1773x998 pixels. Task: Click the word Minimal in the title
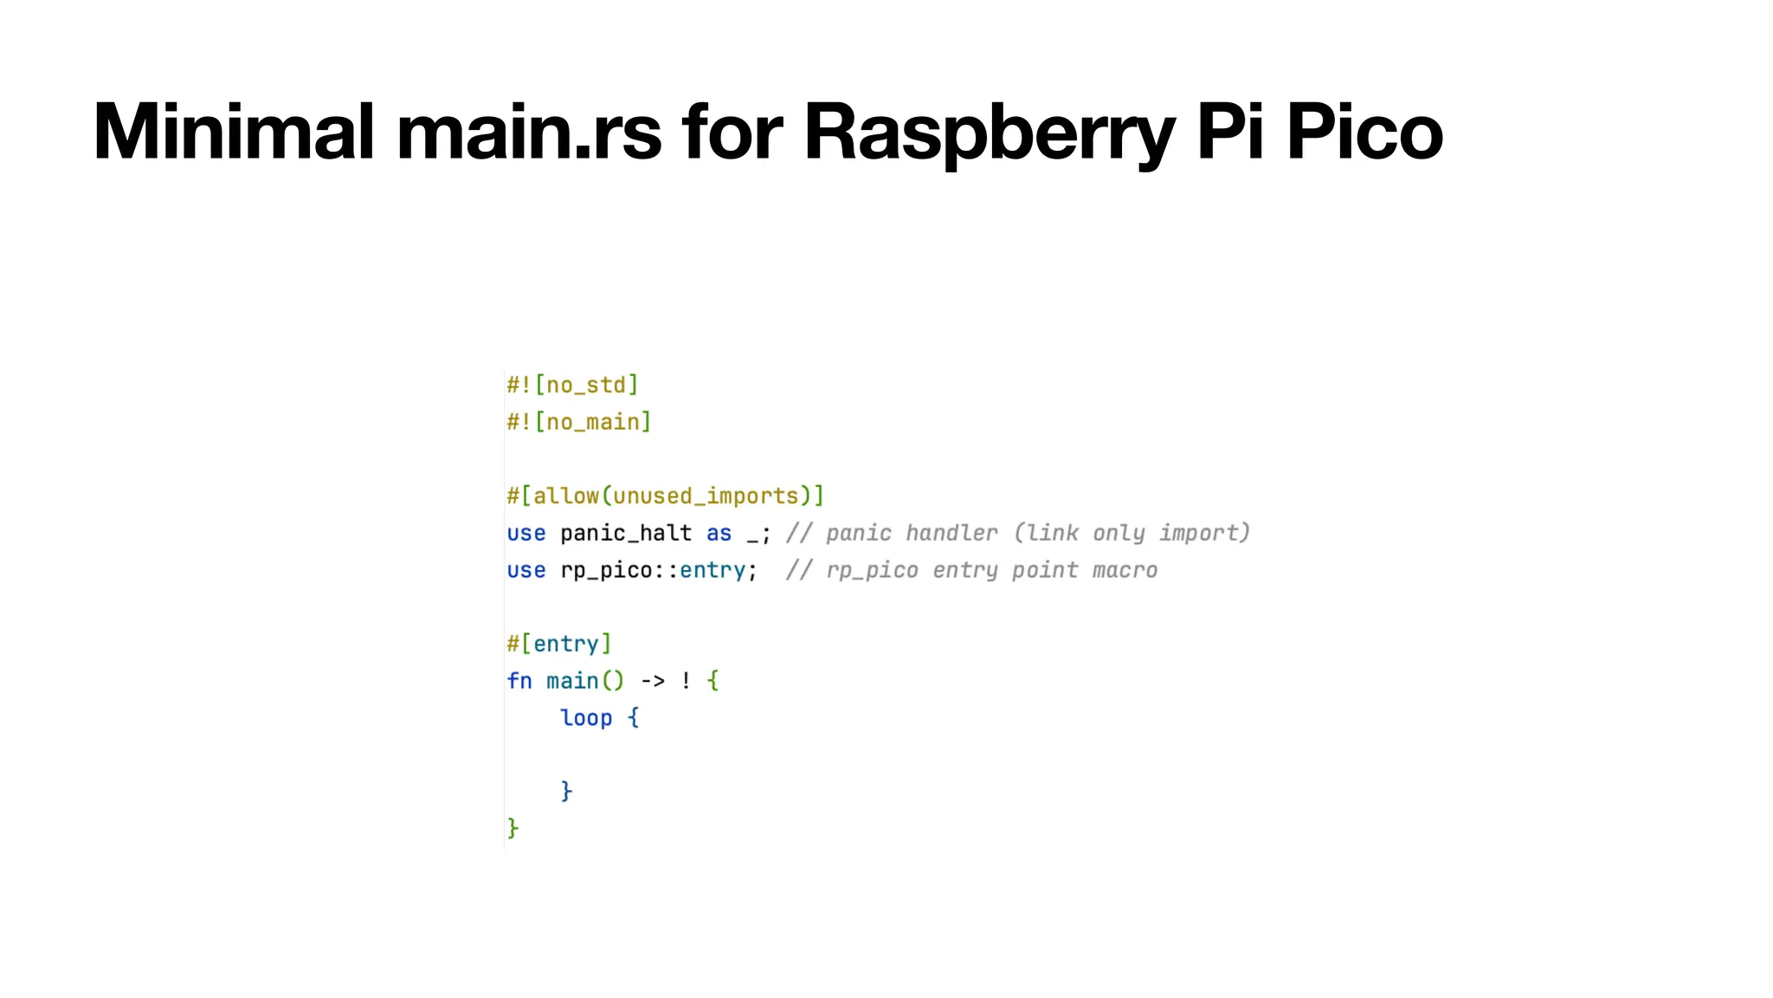[x=234, y=132]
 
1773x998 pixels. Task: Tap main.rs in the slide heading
[x=529, y=132]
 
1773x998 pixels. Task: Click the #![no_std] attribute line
[x=572, y=385]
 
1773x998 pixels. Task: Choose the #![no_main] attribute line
[x=578, y=422]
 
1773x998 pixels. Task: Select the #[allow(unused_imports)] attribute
[x=665, y=496]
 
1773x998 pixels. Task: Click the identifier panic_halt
[x=625, y=533]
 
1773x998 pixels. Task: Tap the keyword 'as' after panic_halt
[x=719, y=534]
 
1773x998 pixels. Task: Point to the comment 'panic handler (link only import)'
[x=1018, y=533]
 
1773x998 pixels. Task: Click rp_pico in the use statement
[x=606, y=570]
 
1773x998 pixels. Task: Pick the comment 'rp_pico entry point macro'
[x=971, y=570]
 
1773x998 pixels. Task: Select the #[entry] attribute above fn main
[x=559, y=644]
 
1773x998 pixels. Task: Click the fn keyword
[x=519, y=681]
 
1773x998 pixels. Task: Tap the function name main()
[x=584, y=681]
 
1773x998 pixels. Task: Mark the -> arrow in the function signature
[x=653, y=681]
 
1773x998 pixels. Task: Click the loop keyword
[x=586, y=718]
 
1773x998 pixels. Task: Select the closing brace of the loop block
[x=566, y=791]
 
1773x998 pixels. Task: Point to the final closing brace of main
[x=513, y=828]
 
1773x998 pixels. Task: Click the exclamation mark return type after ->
[x=686, y=681]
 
